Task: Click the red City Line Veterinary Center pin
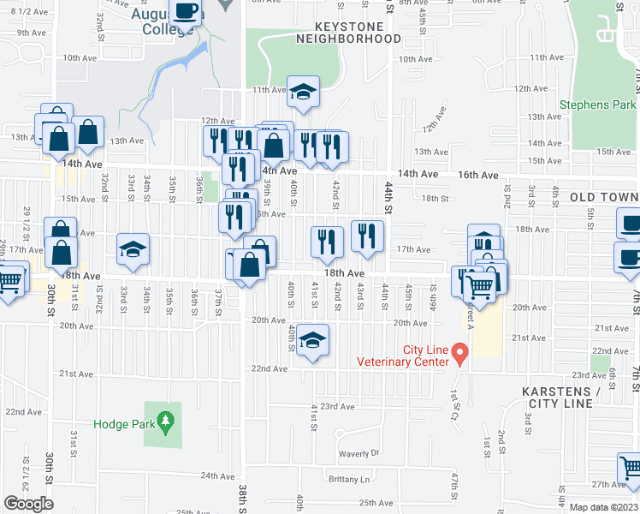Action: [x=459, y=352]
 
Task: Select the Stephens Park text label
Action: [x=597, y=105]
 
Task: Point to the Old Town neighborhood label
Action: [x=604, y=197]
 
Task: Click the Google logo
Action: [x=27, y=503]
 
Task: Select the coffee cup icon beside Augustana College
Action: [x=186, y=12]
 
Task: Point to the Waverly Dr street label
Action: [x=358, y=453]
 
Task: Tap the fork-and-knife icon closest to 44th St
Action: [x=367, y=236]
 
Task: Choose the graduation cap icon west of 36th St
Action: [x=133, y=250]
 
